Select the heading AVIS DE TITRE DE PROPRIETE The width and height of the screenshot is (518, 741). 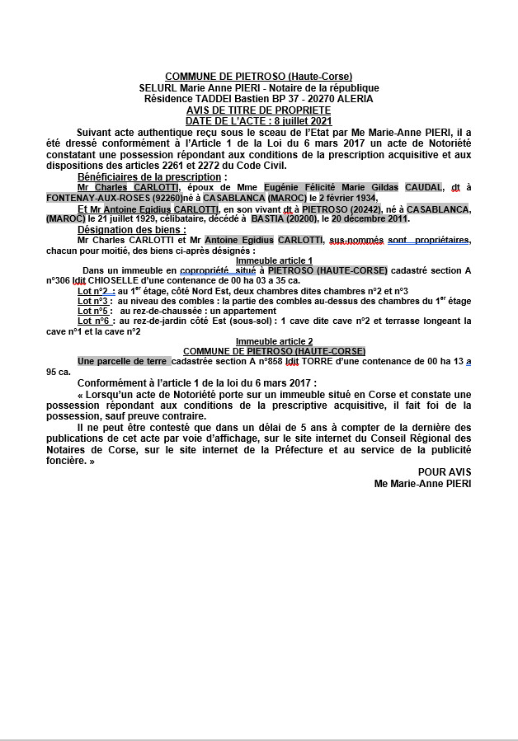258,110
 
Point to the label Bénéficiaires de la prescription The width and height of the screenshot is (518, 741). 151,176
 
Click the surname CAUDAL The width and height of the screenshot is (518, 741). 423,187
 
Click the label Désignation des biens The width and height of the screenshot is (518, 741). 132,229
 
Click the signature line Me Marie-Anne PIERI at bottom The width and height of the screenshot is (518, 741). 422,483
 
